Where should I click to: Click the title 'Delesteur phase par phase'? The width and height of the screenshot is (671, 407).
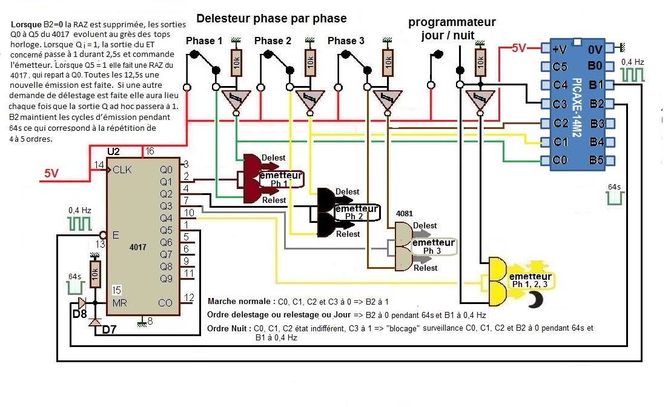coord(271,18)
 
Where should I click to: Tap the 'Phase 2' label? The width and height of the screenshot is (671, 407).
coord(273,41)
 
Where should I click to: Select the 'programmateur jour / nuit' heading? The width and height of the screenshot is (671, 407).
coord(451,29)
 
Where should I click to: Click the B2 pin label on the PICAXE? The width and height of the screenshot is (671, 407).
coord(597,104)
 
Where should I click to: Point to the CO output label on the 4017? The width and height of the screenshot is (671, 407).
coord(165,302)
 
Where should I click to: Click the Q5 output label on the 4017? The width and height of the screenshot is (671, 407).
coord(165,230)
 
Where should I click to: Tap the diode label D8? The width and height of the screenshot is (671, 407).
coord(79,315)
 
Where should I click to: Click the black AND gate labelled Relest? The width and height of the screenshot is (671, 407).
coord(326,225)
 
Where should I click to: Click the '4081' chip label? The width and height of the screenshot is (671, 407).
coord(404,214)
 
